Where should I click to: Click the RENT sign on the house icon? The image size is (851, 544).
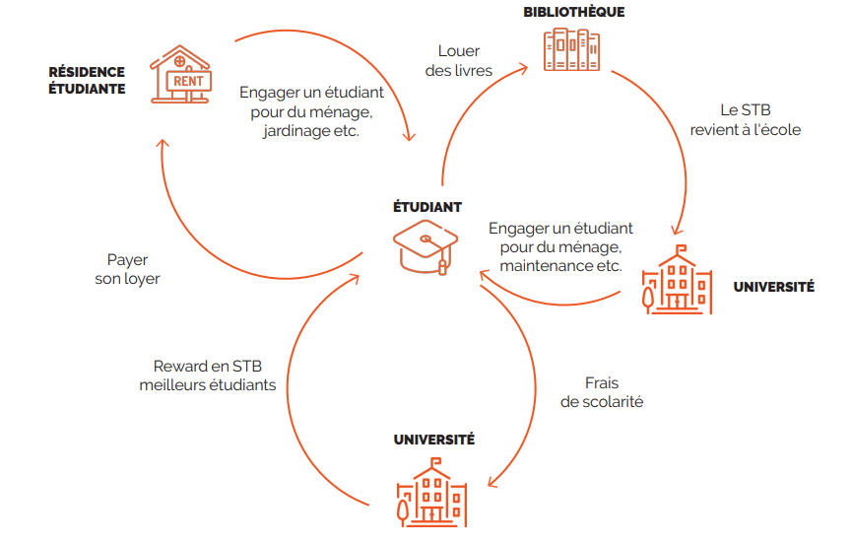189,81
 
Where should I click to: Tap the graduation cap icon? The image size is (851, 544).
425,247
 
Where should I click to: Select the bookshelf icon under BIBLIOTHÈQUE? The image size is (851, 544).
572,49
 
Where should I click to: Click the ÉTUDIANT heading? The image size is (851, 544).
427,207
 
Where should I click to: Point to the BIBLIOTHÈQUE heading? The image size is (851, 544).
573,12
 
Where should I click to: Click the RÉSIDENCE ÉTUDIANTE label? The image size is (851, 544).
87,80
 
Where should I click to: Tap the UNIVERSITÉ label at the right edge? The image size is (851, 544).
773,287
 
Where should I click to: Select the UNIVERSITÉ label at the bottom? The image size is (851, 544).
433,440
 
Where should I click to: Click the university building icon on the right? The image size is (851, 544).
677,283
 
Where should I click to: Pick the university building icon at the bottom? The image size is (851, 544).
431,497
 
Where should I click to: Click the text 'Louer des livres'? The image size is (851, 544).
458,60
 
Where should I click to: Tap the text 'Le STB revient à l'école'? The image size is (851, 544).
745,120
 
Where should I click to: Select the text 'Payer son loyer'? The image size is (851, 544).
127,269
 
